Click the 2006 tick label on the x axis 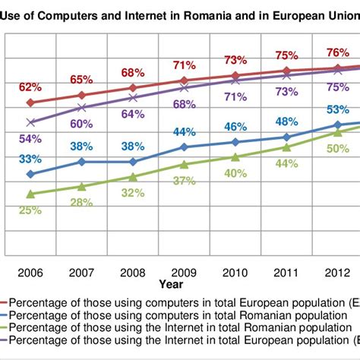(30, 271)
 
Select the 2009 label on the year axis (184, 271)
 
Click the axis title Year (171, 283)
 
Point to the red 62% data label (31, 87)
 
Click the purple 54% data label (30, 138)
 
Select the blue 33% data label (30, 159)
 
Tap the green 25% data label (30, 210)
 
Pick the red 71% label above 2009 (184, 65)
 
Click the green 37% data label (184, 181)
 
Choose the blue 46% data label (235, 126)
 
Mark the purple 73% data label (286, 92)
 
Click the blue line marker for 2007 (81, 162)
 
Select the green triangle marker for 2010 (235, 157)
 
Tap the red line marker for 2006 (30, 103)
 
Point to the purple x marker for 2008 (132, 97)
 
